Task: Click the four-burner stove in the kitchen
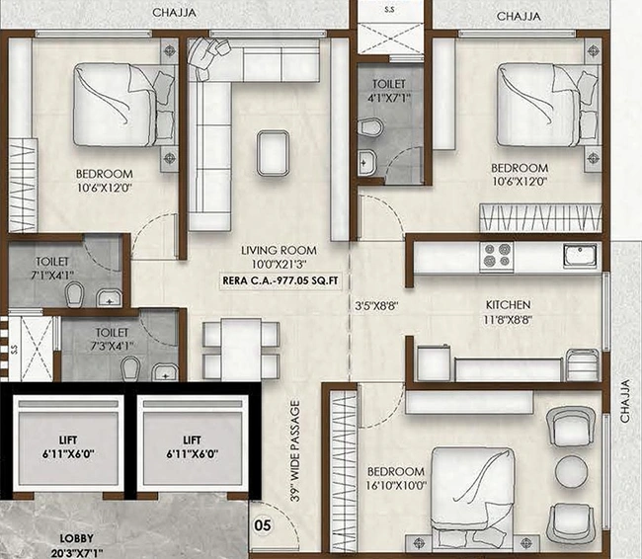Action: [495, 257]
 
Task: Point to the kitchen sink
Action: [581, 256]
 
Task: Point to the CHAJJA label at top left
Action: [173, 13]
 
